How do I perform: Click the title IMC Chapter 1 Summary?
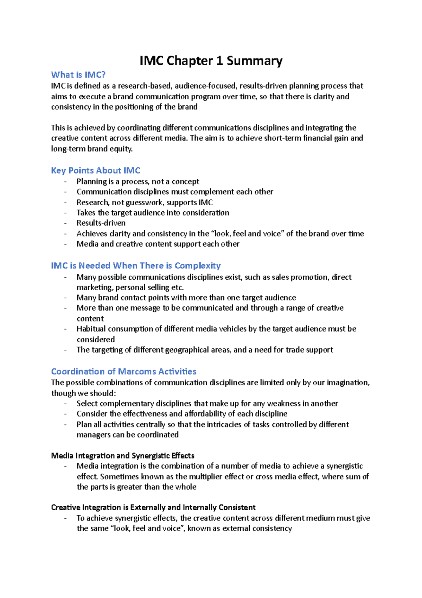[x=211, y=61]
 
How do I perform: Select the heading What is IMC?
[x=78, y=75]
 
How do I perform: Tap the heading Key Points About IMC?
[x=96, y=170]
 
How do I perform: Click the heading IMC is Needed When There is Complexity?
[x=136, y=266]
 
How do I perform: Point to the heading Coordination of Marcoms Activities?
[x=124, y=372]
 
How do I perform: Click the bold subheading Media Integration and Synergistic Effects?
[x=123, y=456]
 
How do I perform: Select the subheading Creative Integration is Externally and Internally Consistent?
[x=153, y=507]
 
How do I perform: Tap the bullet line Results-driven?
[x=101, y=223]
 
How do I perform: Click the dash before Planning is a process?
[x=65, y=182]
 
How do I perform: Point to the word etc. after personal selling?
[x=177, y=287]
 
